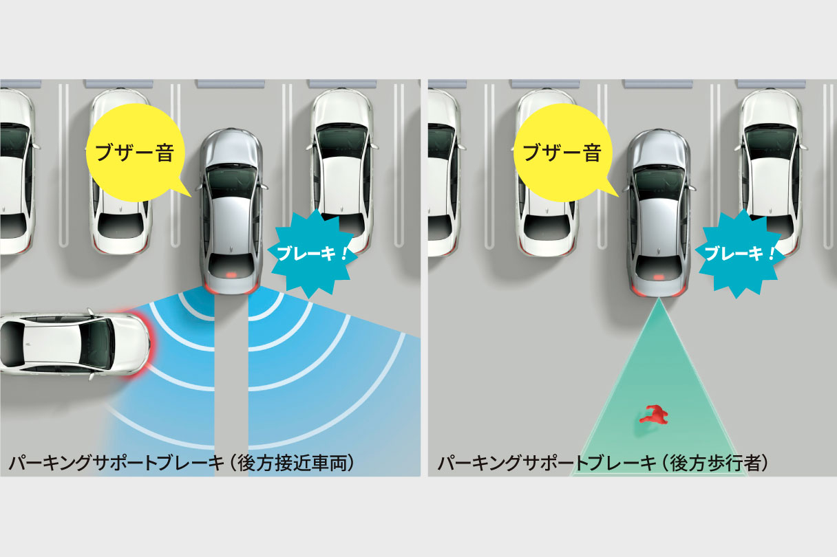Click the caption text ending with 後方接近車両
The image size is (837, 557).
click(182, 463)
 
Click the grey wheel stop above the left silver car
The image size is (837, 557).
click(230, 84)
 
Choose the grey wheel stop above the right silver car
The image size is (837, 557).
click(657, 84)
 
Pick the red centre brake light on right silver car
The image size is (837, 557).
click(659, 277)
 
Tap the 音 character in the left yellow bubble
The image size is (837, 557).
click(165, 153)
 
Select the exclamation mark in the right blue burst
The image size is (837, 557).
click(770, 254)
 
